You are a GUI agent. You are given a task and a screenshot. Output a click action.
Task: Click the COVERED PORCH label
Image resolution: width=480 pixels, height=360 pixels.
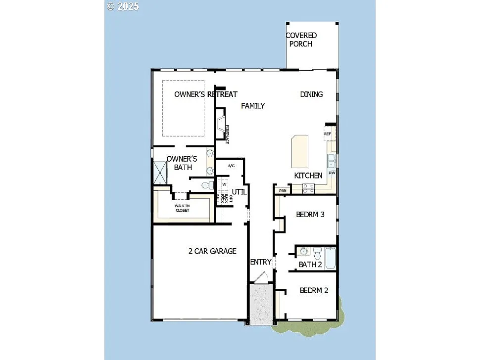[301, 40]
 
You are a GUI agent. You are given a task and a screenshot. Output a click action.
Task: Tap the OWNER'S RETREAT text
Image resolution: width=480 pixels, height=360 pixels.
[205, 94]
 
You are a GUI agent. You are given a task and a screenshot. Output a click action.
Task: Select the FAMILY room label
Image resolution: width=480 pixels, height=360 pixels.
[253, 105]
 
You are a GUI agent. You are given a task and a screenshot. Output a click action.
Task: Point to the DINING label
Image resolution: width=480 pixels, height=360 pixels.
[311, 94]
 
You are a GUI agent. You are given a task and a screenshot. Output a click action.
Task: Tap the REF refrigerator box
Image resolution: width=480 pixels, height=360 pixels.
[327, 134]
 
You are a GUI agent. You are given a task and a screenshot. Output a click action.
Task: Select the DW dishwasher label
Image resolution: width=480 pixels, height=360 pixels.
[332, 173]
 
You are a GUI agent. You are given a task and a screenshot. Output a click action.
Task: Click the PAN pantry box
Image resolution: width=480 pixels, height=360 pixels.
[283, 190]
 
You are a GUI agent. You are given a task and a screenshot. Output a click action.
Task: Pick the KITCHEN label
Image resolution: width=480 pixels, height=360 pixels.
[308, 176]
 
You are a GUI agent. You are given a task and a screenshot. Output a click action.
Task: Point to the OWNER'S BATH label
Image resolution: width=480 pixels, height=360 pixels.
[182, 163]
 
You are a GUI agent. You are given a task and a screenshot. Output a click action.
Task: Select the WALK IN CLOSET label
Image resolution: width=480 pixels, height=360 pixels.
[182, 208]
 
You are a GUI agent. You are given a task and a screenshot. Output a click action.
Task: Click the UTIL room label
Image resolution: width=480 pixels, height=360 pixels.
[239, 191]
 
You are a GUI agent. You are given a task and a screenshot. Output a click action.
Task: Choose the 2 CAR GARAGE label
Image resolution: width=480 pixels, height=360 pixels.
[212, 251]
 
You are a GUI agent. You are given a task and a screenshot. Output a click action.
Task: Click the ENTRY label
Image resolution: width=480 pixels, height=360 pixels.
[260, 262]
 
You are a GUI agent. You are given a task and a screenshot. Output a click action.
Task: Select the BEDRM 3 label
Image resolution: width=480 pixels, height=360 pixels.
[310, 214]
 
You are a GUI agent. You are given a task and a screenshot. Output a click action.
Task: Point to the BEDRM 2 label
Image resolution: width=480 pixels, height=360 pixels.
[314, 290]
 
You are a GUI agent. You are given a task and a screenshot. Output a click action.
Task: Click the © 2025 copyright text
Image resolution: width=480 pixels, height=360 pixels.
[123, 6]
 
